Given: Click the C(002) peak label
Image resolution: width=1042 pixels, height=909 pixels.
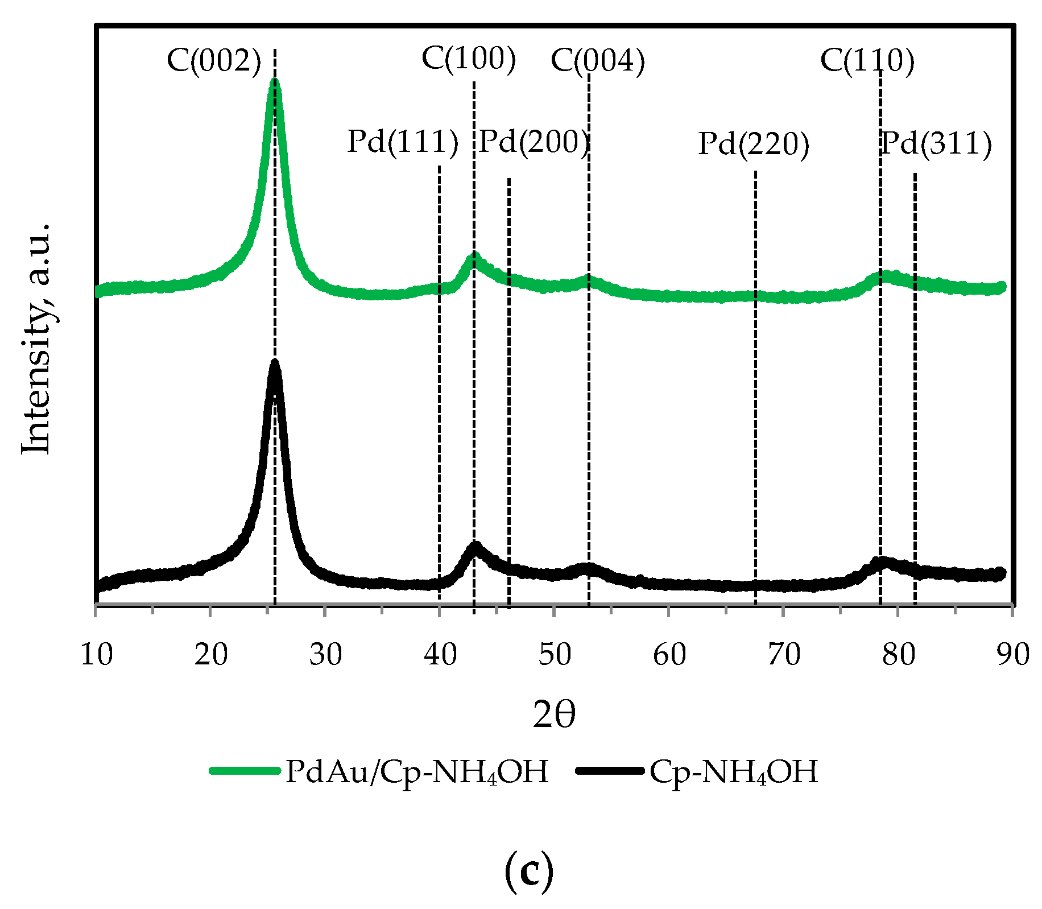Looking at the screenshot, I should [213, 60].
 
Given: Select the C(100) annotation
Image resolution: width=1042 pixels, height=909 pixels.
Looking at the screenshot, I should [469, 59].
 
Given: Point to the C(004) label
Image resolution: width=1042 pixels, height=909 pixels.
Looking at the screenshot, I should [597, 61].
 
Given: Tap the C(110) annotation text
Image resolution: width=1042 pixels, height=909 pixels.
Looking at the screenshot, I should [867, 60].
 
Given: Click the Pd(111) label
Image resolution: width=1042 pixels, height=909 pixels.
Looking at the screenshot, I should [402, 142].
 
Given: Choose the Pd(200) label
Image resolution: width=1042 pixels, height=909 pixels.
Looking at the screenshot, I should [533, 142].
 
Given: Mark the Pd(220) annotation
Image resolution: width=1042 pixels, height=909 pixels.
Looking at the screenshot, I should [753, 144].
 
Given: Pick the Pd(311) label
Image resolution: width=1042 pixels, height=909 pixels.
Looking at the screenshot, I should [936, 144].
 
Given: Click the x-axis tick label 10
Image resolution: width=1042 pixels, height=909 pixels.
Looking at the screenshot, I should [96, 654].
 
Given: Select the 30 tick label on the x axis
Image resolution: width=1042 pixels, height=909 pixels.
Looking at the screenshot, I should [325, 654].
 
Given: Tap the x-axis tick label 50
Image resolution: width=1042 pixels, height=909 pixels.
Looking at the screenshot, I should [555, 654].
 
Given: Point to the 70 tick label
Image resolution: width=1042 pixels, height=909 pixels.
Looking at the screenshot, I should [784, 654].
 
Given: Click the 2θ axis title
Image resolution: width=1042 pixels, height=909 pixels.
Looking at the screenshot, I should [554, 716].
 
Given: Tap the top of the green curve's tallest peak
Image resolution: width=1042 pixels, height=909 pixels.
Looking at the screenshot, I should [275, 81].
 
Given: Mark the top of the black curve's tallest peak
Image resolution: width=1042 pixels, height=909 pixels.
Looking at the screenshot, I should [275, 363].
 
